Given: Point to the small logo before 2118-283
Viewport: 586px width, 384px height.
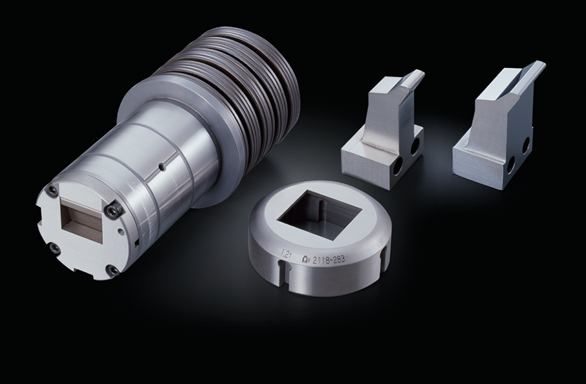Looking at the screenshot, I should coord(306,261).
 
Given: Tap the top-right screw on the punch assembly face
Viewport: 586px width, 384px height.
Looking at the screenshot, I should coord(114,210).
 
